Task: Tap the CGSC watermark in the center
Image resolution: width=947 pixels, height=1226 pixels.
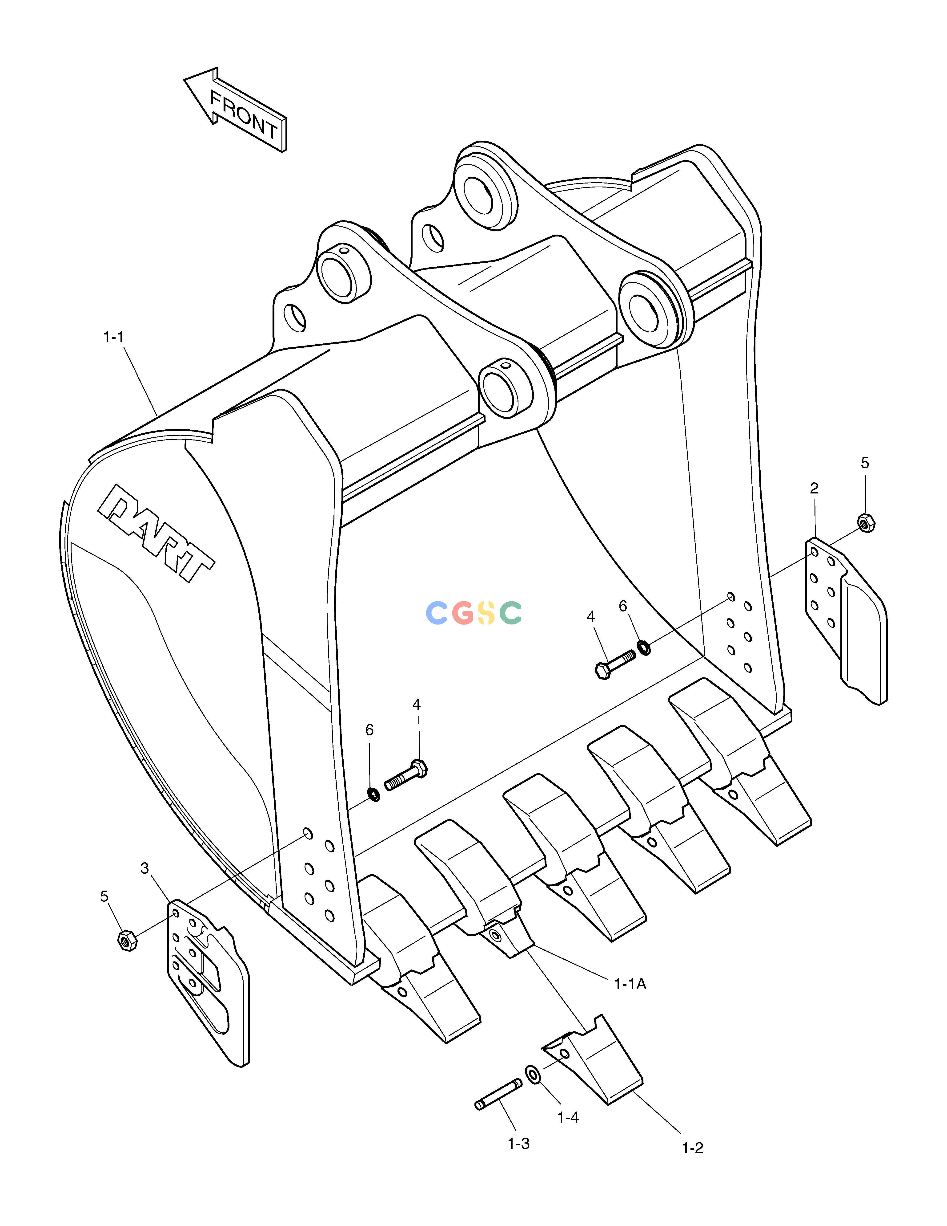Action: tap(473, 612)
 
